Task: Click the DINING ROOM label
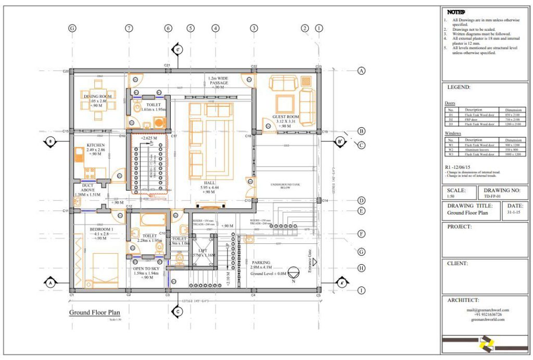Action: point(98,96)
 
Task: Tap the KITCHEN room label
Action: point(96,145)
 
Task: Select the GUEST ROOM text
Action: point(286,117)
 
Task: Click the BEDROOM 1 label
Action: point(101,230)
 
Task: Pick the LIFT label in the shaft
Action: point(202,251)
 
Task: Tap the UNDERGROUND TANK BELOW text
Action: point(286,187)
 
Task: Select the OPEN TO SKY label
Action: point(147,269)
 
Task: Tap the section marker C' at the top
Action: point(177,49)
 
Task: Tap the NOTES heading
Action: point(455,11)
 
